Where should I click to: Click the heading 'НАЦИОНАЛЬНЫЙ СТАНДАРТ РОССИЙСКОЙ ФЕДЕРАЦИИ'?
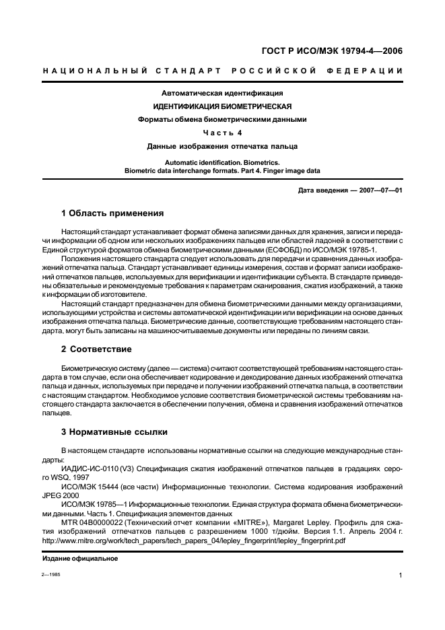point(223,71)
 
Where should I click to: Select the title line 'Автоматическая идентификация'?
point(222,93)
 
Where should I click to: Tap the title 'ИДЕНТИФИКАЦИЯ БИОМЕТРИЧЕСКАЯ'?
point(222,106)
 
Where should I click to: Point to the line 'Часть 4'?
point(222,133)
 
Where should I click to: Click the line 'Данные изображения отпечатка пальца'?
point(222,146)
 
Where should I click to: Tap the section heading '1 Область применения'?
point(112,213)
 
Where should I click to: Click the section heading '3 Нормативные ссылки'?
point(114,431)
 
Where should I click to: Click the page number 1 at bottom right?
point(401,575)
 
